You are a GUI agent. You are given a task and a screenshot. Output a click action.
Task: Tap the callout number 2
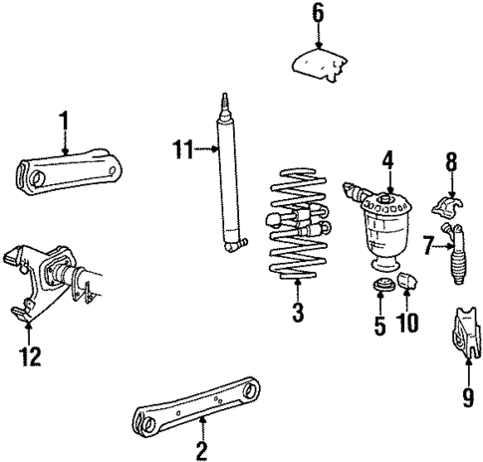tap(203, 450)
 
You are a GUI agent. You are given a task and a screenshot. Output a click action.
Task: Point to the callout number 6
tap(318, 13)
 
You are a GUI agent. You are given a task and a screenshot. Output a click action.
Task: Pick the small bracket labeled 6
tap(322, 64)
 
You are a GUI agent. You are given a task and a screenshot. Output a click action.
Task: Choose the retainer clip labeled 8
tap(449, 210)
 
